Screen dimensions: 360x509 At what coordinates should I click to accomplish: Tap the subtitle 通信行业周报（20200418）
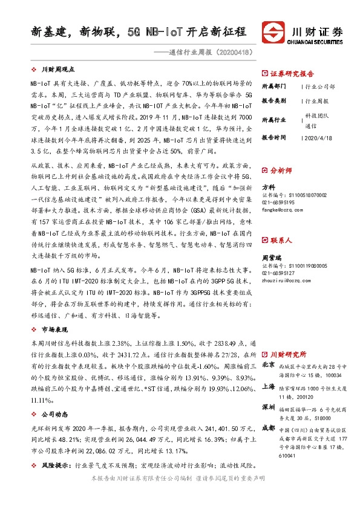pos(208,52)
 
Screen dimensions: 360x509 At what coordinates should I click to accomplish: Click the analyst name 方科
pos(269,187)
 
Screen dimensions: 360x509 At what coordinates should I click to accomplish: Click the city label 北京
pos(268,365)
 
